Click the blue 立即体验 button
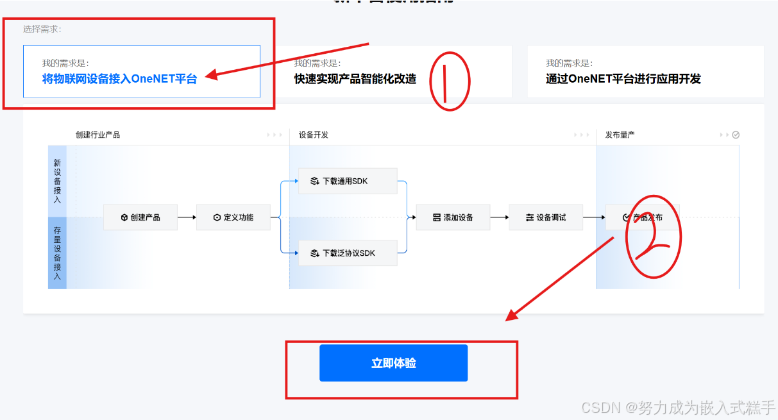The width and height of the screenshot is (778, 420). [393, 363]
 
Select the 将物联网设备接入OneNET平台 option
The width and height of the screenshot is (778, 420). [141, 71]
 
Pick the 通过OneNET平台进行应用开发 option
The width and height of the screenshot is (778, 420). [645, 71]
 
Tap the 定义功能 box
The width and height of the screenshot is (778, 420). [233, 217]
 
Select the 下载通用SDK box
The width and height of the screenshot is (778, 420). [348, 181]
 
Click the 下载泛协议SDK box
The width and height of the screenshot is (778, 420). [348, 253]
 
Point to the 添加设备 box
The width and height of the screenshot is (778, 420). [453, 217]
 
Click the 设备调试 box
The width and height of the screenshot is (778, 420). [546, 217]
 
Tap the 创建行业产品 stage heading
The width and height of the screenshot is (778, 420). [97, 135]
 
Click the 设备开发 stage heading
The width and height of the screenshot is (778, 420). [314, 135]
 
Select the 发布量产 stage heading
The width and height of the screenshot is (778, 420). [620, 135]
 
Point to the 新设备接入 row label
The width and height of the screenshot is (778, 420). [57, 181]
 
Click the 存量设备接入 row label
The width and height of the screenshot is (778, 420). [57, 253]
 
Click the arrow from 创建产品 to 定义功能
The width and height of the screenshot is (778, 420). [187, 217]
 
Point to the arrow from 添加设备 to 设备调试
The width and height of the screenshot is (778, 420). [500, 217]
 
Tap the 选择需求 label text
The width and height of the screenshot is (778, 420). [42, 29]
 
